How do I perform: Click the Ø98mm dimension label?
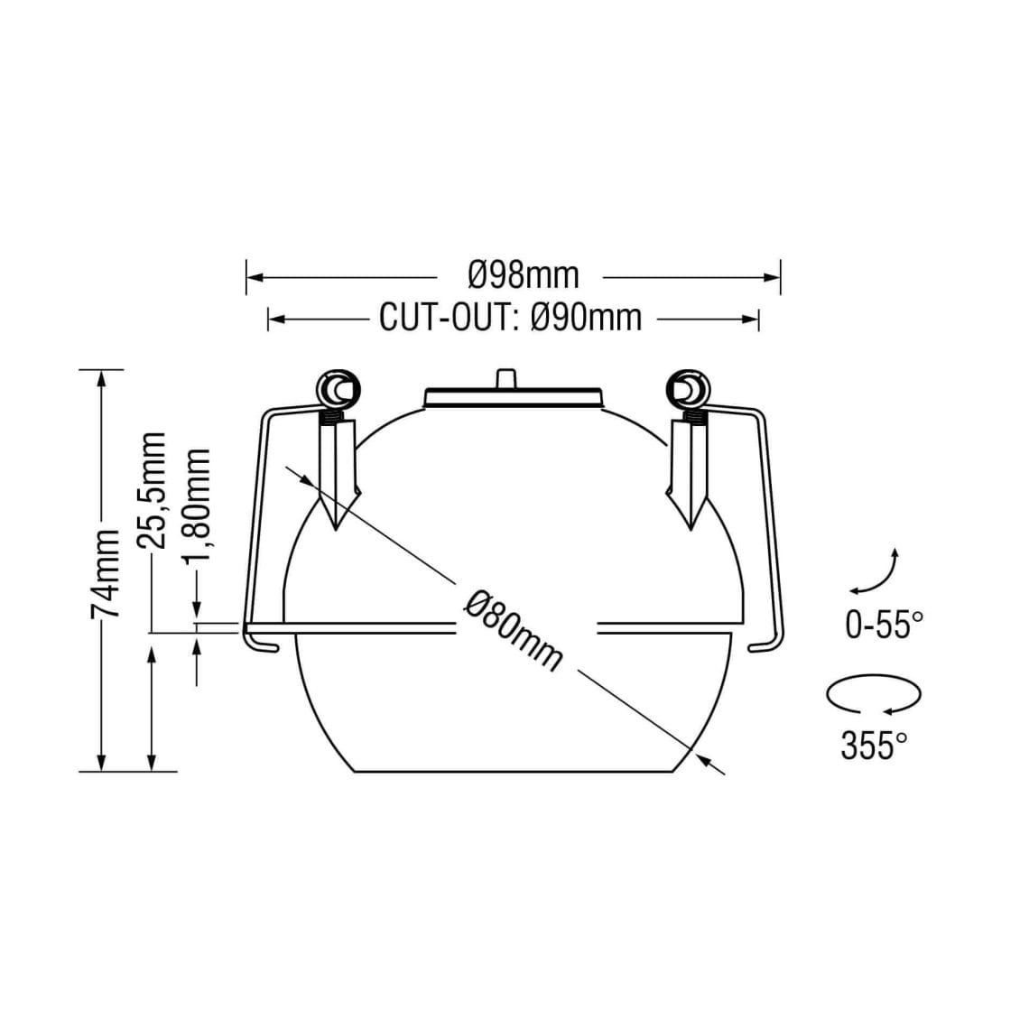tap(524, 273)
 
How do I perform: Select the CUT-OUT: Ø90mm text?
tap(511, 318)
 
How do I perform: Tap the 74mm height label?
tap(106, 572)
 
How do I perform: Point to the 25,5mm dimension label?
tap(152, 490)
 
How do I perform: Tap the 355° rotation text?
tap(874, 746)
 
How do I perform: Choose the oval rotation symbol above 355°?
tap(874, 696)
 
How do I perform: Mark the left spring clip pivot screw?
tap(336, 390)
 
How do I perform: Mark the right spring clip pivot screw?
tap(689, 390)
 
